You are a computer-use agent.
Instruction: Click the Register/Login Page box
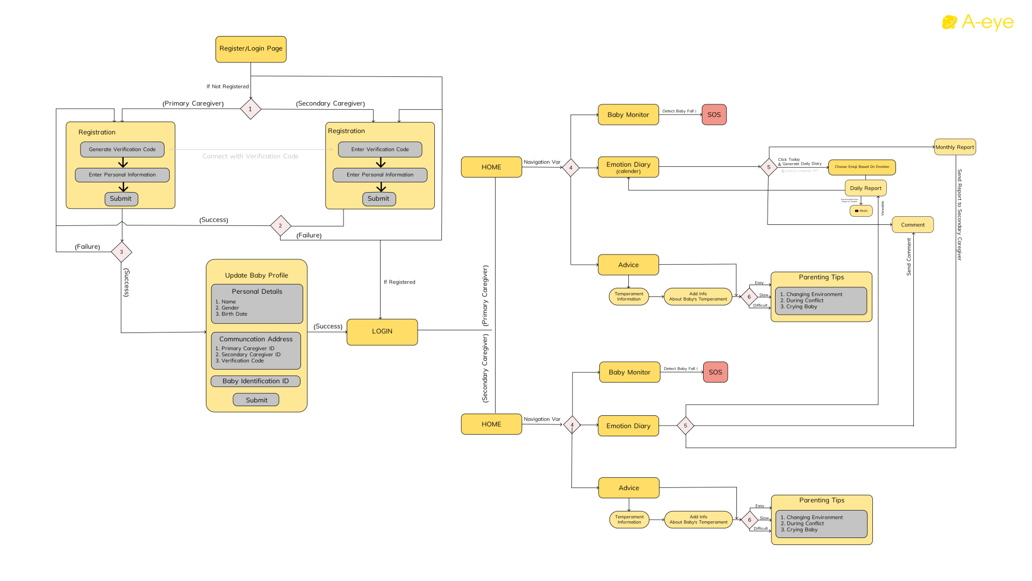(250, 49)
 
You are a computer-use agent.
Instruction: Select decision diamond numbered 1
(250, 109)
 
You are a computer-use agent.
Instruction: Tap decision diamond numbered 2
(280, 226)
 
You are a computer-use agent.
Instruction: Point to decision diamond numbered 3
(121, 252)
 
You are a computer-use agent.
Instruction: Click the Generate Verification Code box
(122, 150)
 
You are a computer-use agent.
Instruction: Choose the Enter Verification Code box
(379, 150)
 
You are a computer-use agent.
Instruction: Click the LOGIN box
(382, 331)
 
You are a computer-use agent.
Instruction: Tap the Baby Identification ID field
(255, 381)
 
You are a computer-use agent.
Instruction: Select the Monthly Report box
(954, 147)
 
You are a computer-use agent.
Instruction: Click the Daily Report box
(865, 188)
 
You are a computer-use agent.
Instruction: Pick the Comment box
(912, 225)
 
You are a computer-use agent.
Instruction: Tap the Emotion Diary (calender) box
(628, 167)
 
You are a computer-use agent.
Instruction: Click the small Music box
(861, 211)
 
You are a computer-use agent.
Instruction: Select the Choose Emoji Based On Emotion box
(861, 167)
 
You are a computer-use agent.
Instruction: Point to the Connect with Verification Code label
(250, 157)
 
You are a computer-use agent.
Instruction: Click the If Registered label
(399, 282)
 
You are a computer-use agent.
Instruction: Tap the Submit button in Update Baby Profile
(256, 400)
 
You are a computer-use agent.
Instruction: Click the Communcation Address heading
(256, 339)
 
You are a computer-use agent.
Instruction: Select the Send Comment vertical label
(909, 257)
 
